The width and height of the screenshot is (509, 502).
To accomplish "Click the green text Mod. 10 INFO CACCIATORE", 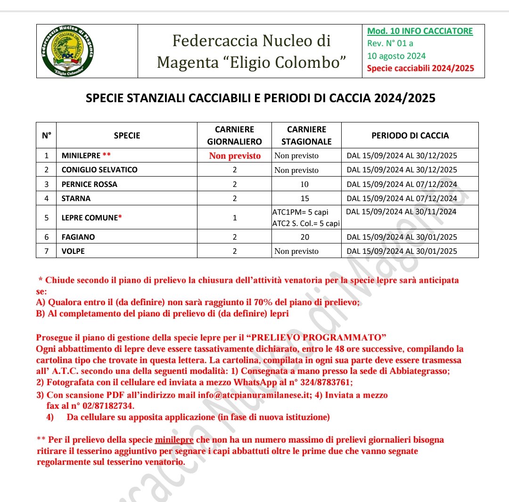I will [420, 32].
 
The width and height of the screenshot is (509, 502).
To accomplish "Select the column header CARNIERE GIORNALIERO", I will [234, 135].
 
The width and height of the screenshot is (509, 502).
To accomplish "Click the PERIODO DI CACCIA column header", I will [410, 135].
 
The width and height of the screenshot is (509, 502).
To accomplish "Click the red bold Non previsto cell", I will [234, 156].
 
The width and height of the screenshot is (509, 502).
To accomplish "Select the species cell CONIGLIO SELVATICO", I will [99, 170].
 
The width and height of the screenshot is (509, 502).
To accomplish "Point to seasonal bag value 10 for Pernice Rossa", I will [305, 184].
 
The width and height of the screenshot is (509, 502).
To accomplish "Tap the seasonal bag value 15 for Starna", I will [305, 198].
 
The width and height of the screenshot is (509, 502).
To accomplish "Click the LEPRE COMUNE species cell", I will [90, 218].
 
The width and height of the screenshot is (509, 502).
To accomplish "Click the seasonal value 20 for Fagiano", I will [305, 237].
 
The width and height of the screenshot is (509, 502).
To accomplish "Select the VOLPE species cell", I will [73, 251].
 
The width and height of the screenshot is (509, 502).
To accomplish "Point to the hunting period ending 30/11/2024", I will [402, 212].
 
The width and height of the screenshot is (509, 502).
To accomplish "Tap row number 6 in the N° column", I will [46, 237].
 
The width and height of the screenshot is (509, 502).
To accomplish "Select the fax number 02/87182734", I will [104, 405].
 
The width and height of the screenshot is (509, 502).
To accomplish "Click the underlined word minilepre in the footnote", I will [174, 440].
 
